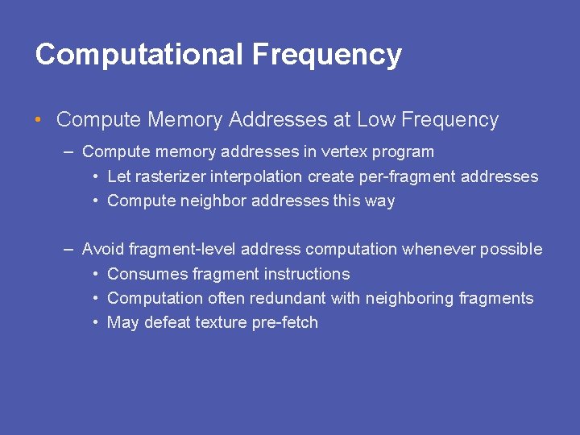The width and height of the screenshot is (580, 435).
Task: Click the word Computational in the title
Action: [139, 55]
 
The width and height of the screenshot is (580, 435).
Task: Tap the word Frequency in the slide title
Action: [326, 55]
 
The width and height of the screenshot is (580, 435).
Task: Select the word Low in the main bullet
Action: [375, 120]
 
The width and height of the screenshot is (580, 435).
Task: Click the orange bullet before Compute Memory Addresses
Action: [39, 121]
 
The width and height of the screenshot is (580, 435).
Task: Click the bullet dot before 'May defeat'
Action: [96, 323]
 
